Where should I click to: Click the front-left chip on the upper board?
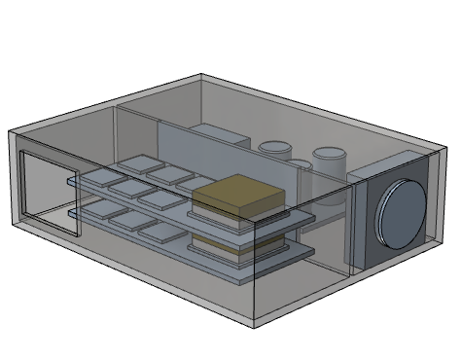99,179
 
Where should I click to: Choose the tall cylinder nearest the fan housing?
328,165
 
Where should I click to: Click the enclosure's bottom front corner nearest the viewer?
255,320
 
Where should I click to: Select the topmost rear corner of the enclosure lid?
201,74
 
